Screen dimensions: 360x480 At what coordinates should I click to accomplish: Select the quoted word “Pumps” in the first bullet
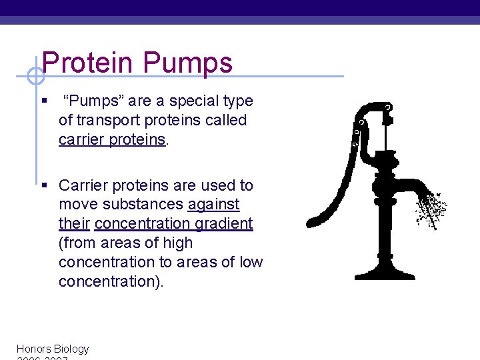tap(93, 101)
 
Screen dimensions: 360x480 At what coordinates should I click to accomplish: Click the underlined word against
tap(213, 205)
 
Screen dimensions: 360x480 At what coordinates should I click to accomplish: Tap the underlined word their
tap(75, 224)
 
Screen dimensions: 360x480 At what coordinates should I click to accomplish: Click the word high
tap(177, 243)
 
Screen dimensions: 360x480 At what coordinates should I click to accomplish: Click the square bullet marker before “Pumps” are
tap(43, 102)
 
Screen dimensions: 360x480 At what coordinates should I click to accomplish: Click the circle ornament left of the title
tap(35, 77)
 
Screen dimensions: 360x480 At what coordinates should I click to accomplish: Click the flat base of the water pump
tap(385, 274)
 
